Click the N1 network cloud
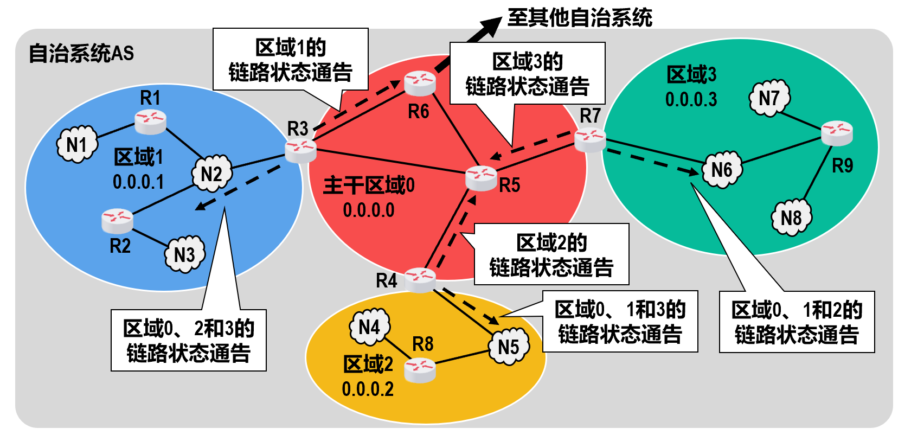77,144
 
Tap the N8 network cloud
791,217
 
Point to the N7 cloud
769,98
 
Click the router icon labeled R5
481,178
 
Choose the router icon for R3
300,150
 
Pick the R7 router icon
590,139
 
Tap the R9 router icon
837,133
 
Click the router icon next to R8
420,371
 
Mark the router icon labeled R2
117,220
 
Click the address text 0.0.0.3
691,99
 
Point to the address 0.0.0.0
369,210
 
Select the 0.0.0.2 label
368,389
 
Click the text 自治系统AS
81,53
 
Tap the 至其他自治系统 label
580,17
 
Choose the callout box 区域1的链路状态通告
291,60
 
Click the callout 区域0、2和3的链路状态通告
189,340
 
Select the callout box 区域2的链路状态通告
551,254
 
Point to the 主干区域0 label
369,185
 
